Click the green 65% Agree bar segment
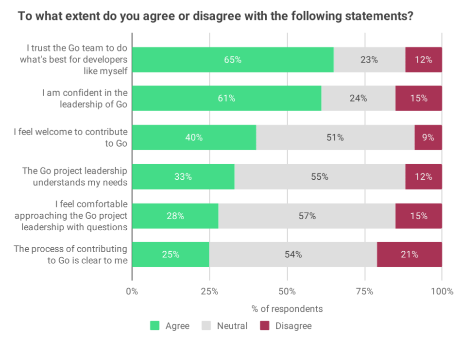coord(233,60)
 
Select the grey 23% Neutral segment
coord(369,60)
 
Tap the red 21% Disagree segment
coord(409,255)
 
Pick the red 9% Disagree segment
coord(428,137)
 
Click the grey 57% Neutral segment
coord(307,216)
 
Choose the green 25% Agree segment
coord(171,255)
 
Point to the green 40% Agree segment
coord(194,137)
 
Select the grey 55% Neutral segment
coord(320,177)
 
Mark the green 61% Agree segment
coord(226,99)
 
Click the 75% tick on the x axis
coord(364,291)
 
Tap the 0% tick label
coord(132,291)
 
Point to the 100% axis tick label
coord(442,291)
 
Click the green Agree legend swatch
coord(155,326)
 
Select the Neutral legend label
coord(232,326)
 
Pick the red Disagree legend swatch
coord(264,326)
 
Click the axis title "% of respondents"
coord(287,309)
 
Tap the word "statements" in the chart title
coord(377,16)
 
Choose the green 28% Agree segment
coord(175,216)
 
